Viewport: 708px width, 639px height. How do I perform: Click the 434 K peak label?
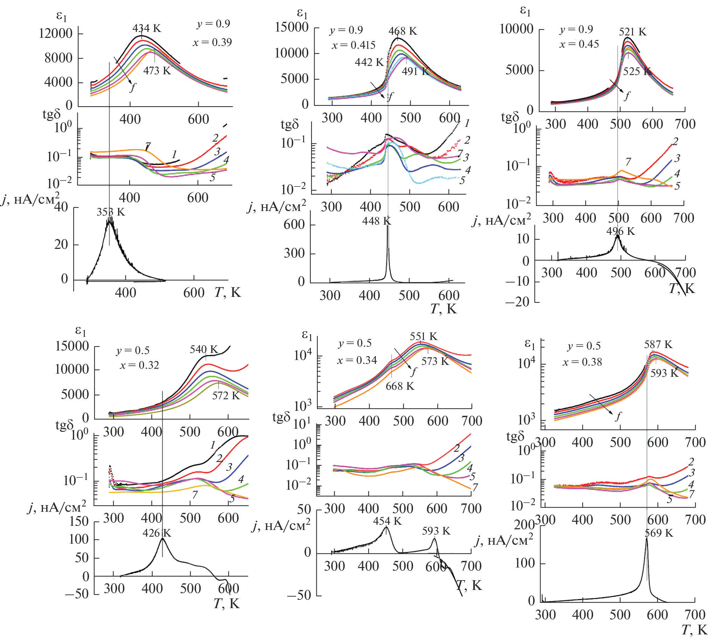(x=147, y=28)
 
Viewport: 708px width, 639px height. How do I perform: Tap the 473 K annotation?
(x=157, y=70)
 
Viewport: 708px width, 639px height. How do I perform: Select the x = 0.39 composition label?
(x=212, y=42)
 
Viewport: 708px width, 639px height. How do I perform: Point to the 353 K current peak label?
(x=111, y=212)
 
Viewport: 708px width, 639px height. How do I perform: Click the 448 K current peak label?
(x=377, y=221)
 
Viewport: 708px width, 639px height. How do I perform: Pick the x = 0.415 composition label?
(x=353, y=45)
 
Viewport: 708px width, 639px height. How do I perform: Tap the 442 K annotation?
(x=369, y=62)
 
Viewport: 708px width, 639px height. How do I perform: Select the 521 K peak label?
(x=633, y=32)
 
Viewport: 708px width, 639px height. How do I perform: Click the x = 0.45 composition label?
(x=579, y=44)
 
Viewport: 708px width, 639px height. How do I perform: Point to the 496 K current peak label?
(x=621, y=231)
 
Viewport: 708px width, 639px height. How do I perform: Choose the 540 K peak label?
(x=204, y=349)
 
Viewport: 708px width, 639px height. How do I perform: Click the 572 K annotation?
(x=226, y=396)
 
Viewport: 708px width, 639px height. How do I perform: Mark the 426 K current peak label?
(x=157, y=533)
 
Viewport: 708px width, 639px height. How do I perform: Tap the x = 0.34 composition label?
(x=357, y=360)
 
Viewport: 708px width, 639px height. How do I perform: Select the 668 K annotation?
(x=400, y=386)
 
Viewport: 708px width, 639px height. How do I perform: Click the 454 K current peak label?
(x=387, y=521)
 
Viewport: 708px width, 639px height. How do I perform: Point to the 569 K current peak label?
(x=659, y=533)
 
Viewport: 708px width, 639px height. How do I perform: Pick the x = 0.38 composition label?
(x=582, y=362)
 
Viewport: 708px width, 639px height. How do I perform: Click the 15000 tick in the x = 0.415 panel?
(x=291, y=27)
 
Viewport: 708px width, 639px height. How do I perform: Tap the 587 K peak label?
(x=658, y=345)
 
